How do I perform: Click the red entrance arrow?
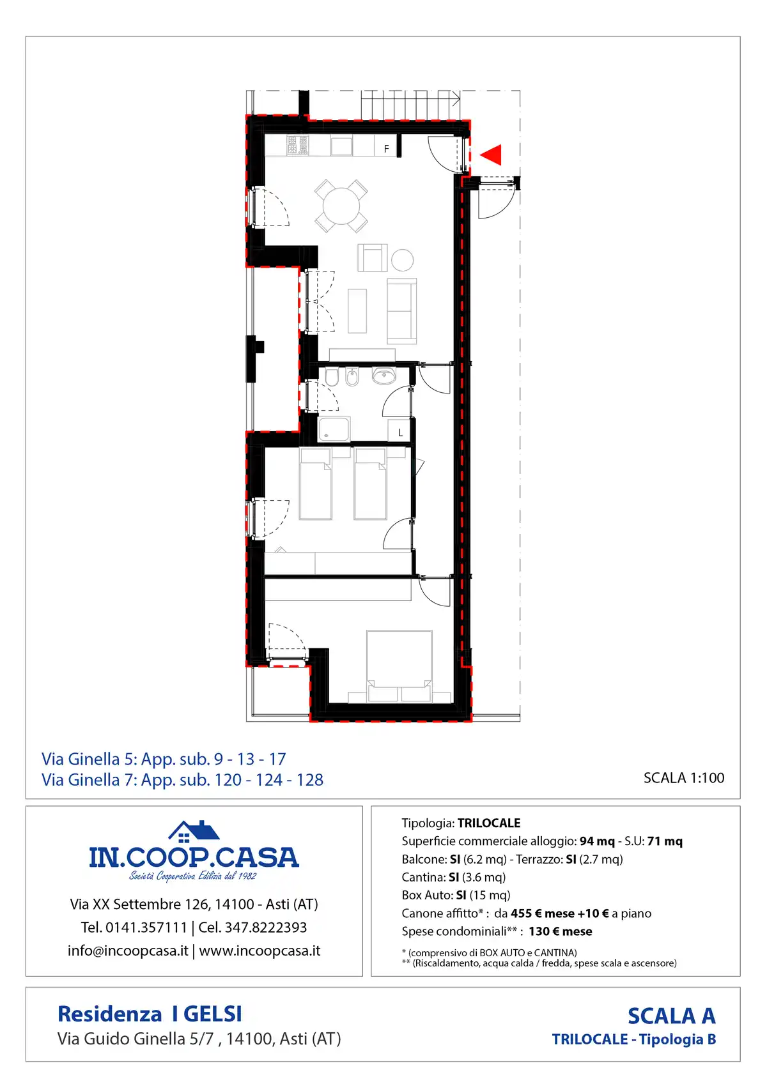[x=492, y=155]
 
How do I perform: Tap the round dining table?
[x=341, y=206]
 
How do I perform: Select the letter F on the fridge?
[x=387, y=149]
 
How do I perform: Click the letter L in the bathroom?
[x=401, y=432]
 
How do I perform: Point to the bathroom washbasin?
[x=384, y=375]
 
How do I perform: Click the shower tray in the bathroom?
[x=334, y=429]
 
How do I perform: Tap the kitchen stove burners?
[x=298, y=145]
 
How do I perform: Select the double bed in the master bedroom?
[x=399, y=666]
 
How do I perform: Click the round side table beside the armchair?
[x=403, y=260]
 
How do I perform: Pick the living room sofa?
[x=402, y=311]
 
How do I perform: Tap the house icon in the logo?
[x=194, y=832]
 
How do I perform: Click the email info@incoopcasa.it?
[x=128, y=951]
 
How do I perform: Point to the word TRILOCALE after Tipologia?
[x=489, y=823]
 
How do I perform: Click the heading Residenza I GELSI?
[x=150, y=1014]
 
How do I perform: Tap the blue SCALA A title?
[x=672, y=1016]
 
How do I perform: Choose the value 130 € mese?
[x=561, y=931]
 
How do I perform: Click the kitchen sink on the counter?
[x=341, y=146]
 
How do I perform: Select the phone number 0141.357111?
[x=146, y=928]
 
